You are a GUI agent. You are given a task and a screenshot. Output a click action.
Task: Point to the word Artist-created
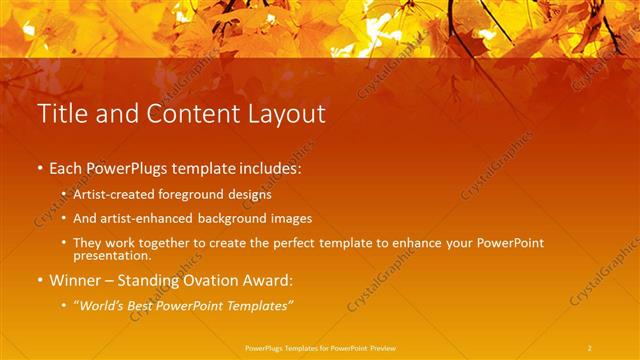tap(107, 195)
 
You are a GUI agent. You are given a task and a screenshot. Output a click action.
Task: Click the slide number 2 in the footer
tap(590, 347)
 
